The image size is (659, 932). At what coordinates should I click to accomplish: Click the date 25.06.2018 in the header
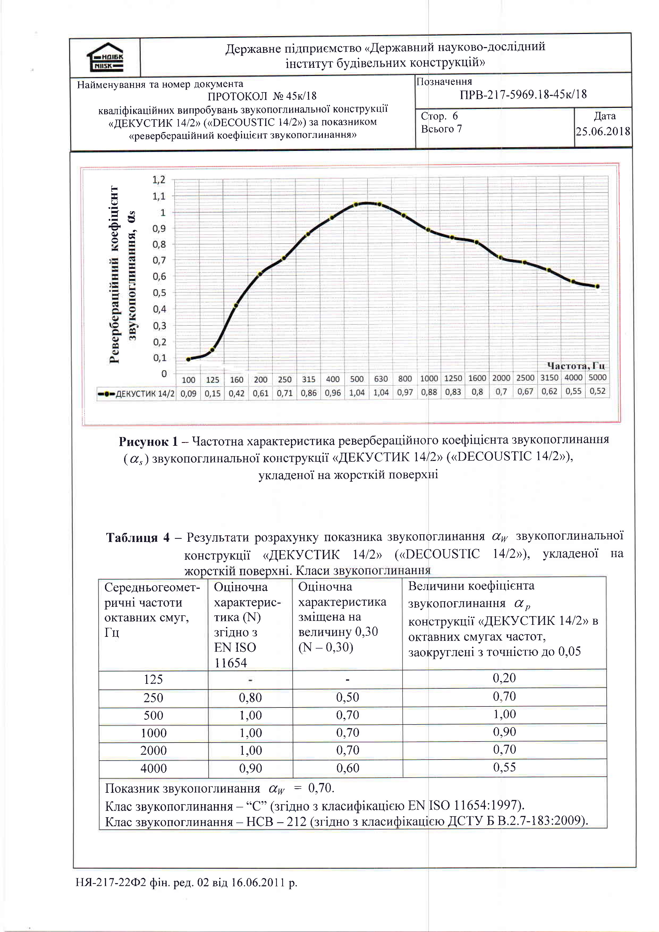603,131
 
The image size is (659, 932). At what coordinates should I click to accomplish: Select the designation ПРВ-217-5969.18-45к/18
523,95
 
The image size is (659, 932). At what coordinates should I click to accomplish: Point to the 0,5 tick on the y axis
159,293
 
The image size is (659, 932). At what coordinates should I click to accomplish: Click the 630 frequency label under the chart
381,379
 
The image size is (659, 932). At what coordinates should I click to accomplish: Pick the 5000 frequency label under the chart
597,378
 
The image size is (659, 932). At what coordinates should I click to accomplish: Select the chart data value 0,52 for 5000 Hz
597,391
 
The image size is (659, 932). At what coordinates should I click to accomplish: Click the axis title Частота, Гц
576,366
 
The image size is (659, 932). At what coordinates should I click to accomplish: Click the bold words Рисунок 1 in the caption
148,441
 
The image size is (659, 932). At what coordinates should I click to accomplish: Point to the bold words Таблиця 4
138,538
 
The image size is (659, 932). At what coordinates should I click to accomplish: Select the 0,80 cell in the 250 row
250,697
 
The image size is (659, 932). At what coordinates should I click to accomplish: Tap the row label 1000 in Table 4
154,733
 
